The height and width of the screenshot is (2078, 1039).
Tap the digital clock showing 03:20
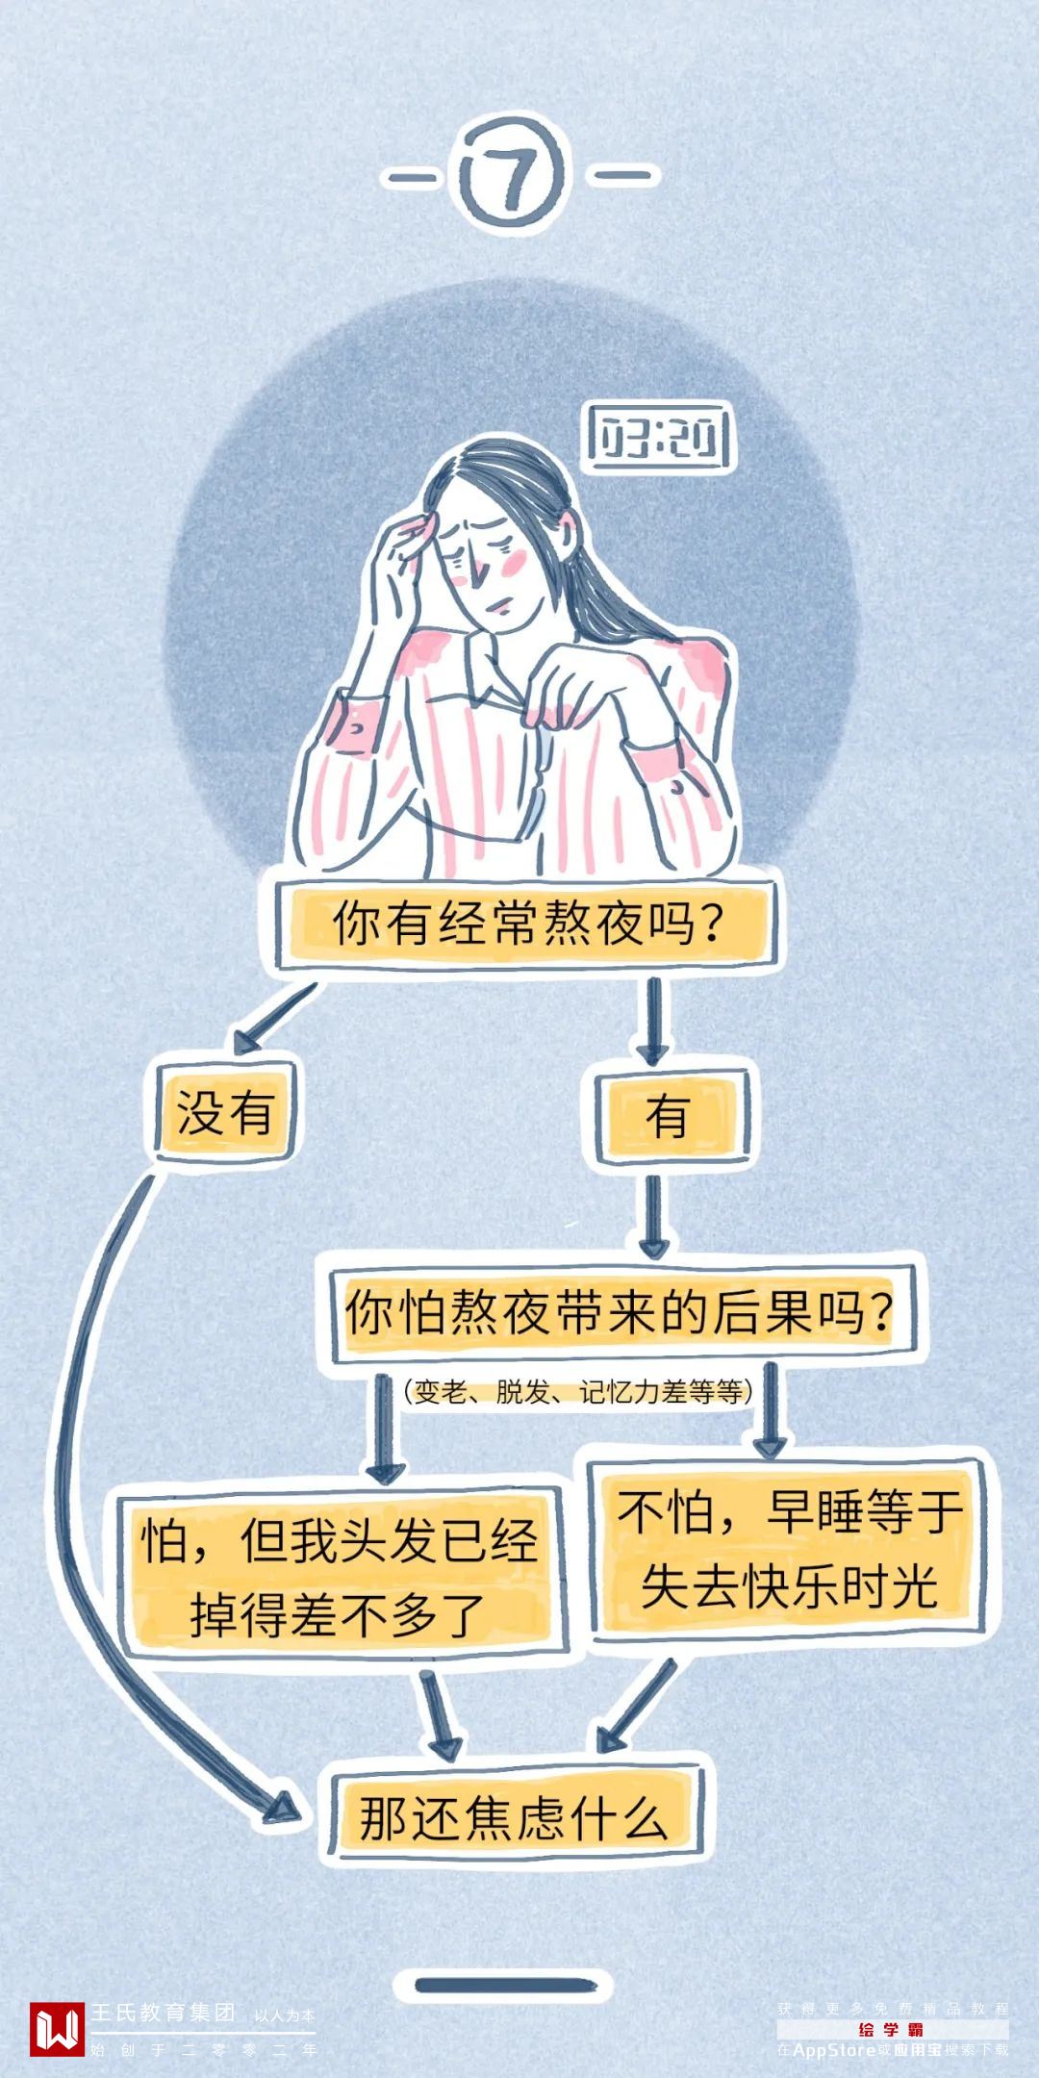[x=659, y=439]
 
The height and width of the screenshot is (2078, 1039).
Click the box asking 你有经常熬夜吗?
[x=526, y=923]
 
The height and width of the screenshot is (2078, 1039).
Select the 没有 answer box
[x=225, y=1114]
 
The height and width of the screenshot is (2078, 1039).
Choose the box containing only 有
[x=667, y=1116]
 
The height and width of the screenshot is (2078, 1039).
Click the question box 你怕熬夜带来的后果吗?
[x=619, y=1310]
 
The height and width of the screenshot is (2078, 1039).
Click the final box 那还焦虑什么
[x=514, y=1817]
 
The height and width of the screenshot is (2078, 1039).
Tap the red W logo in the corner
[x=56, y=2028]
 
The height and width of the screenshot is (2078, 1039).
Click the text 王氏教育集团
[x=164, y=2012]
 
